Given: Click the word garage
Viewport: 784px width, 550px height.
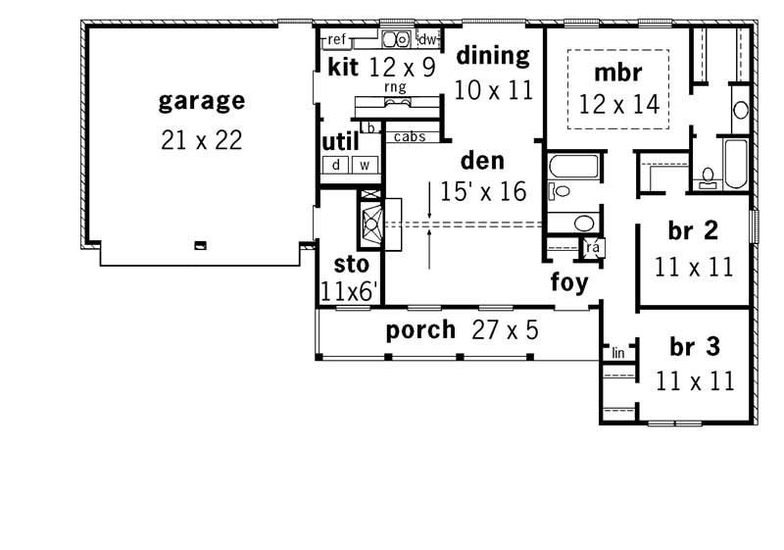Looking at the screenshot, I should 201,102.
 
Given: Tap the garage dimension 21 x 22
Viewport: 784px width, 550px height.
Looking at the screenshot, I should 201,140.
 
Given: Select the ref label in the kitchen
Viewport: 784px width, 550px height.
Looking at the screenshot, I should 337,39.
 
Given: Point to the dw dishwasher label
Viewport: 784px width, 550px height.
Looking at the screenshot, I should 427,40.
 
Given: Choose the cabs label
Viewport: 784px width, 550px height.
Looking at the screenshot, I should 410,137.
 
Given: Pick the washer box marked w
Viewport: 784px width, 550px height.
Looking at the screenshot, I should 365,165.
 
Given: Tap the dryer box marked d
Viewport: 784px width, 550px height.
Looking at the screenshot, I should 336,165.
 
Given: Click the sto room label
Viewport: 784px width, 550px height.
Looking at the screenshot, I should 352,264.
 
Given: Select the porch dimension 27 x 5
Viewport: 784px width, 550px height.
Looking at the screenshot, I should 505,330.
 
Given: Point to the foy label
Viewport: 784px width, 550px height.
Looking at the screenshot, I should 568,283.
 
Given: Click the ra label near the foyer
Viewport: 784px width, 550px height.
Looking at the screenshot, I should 592,248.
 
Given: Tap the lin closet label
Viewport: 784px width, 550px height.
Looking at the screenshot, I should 618,352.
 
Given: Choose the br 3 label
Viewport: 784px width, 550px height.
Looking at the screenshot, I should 694,346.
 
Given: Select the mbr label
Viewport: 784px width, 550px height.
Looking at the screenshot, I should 617,73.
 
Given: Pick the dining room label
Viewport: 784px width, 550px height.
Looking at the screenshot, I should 493,55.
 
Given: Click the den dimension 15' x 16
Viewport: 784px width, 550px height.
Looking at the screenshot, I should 483,192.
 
